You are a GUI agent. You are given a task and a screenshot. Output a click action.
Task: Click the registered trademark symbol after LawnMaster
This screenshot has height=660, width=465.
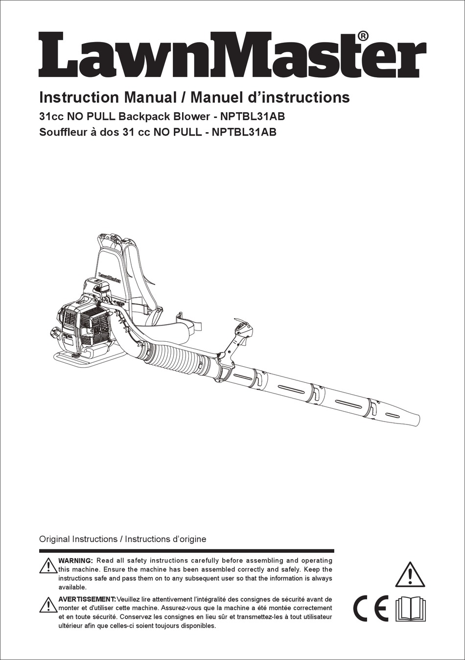point(363,36)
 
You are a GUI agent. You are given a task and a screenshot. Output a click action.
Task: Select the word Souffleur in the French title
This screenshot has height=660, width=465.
point(62,132)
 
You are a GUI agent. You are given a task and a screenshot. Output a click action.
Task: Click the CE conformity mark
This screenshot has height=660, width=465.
point(371,609)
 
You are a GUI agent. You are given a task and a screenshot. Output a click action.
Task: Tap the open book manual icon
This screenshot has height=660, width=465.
point(409,609)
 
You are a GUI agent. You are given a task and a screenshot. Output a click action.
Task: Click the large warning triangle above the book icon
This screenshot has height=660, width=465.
point(410,575)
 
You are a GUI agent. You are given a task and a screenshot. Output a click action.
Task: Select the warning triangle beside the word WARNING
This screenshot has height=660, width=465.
point(48,566)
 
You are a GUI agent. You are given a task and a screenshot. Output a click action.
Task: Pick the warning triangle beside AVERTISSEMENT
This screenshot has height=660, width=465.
point(48,605)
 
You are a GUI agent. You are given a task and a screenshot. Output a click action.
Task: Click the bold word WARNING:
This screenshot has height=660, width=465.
point(75,561)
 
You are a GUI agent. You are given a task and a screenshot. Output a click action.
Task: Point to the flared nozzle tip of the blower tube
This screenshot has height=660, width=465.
point(409,418)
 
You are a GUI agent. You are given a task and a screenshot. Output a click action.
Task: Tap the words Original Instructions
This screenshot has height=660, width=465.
point(78,539)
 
